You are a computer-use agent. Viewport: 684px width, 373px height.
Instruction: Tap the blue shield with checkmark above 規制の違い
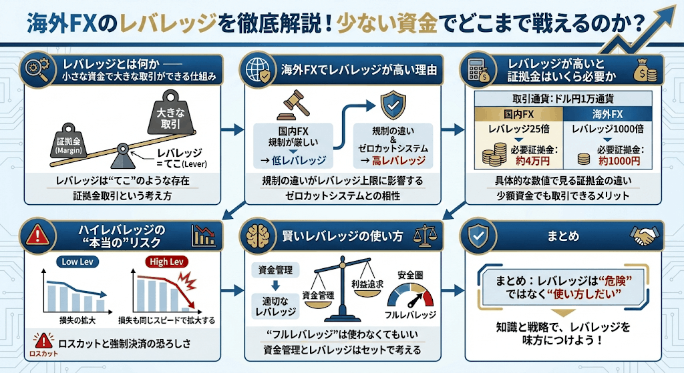(392, 105)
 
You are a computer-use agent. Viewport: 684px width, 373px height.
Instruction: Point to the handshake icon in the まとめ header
(647, 235)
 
